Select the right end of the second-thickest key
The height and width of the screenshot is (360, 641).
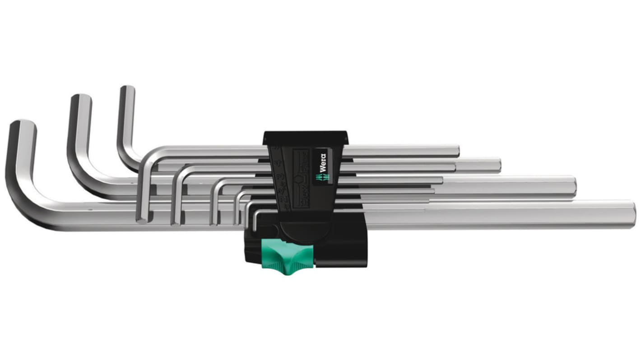(x=573, y=186)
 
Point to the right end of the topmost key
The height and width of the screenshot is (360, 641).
(x=457, y=151)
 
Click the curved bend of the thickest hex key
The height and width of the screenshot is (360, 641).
(x=23, y=198)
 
